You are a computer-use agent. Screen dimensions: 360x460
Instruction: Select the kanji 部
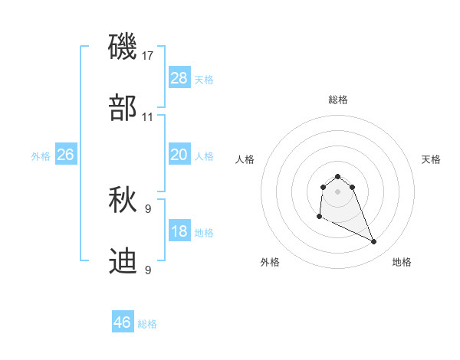click(x=123, y=108)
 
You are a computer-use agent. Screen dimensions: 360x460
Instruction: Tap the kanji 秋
click(x=123, y=201)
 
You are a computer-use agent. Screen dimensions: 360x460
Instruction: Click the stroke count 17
click(x=148, y=55)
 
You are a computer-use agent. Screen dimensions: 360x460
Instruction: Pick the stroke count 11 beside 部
click(x=148, y=117)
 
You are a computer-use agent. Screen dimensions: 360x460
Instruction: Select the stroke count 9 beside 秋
click(x=148, y=208)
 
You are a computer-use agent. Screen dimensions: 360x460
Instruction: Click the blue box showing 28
click(x=179, y=78)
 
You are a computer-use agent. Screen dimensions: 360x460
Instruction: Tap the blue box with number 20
click(x=179, y=155)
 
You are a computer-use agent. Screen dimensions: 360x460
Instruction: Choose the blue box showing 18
click(x=179, y=231)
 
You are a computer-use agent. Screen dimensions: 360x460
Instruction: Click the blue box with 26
click(x=65, y=155)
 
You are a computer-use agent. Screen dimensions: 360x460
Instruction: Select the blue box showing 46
click(x=123, y=322)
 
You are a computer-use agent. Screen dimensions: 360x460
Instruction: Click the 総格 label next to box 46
click(x=147, y=324)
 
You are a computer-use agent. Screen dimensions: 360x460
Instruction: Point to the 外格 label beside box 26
click(x=41, y=155)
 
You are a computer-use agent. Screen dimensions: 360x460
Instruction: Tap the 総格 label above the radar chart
click(x=338, y=100)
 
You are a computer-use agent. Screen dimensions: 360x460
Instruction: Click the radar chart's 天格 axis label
click(x=431, y=159)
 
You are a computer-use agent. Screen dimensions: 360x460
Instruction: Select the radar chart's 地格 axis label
click(x=402, y=263)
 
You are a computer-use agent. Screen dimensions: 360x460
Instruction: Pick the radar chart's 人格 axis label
click(x=245, y=159)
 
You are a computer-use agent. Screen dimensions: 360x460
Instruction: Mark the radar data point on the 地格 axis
click(x=374, y=242)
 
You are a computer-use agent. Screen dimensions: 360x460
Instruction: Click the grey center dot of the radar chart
click(x=338, y=191)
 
